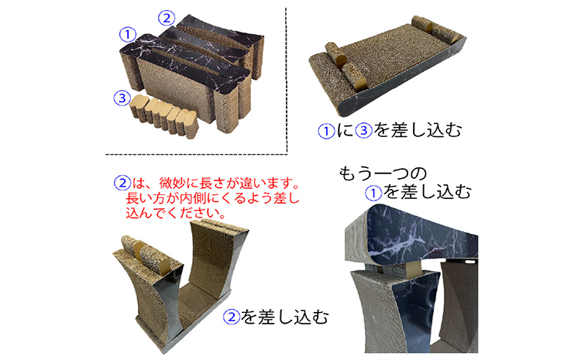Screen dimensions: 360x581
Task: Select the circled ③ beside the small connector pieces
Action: click(120, 98)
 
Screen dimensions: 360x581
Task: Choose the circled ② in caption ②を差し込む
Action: click(231, 317)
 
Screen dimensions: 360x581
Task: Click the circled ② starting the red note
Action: click(121, 184)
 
